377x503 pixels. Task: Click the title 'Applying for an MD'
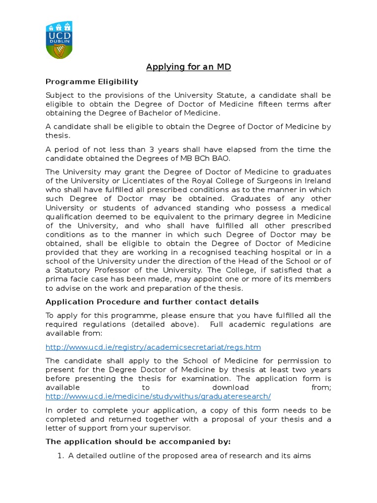[188, 67]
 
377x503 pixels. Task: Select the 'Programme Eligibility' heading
[92, 82]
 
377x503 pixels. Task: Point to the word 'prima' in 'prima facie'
[57, 279]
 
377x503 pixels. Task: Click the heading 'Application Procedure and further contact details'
[152, 302]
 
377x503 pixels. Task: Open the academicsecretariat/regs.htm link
[153, 347]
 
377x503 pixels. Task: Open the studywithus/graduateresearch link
[158, 396]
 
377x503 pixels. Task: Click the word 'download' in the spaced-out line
[232, 388]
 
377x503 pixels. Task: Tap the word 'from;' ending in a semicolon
[321, 388]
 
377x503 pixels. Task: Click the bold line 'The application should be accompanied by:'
[138, 442]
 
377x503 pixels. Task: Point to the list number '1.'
[61, 456]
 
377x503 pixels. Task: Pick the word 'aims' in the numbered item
[302, 456]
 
